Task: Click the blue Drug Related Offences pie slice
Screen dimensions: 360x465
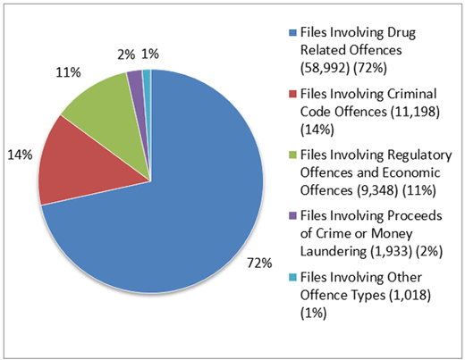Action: coord(179,214)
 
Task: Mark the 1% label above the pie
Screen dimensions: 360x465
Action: coord(151,54)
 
